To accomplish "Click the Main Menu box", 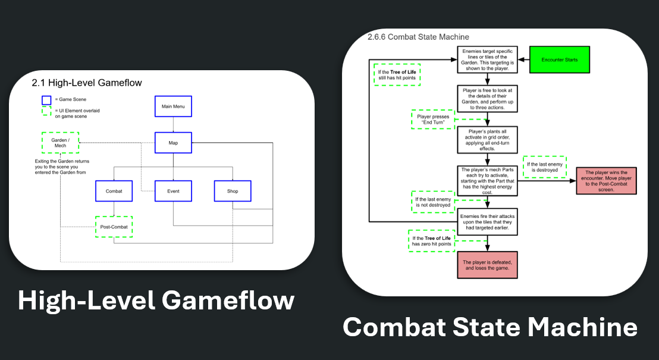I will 173,107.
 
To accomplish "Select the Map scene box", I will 173,143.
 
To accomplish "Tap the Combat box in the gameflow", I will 114,191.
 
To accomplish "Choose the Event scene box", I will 173,191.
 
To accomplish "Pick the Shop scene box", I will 233,191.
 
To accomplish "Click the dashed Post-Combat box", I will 114,227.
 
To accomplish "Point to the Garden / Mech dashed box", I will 60,142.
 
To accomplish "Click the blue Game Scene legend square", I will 46,100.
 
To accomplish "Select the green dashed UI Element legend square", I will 46,111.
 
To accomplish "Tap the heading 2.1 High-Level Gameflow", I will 86,82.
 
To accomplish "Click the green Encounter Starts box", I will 560,60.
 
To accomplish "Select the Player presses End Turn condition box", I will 433,120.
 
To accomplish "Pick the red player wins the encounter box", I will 607,180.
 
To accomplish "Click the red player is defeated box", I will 487,264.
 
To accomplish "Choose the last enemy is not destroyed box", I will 432,202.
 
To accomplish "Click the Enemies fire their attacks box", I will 487,221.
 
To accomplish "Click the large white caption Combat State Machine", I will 490,328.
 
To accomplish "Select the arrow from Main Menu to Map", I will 173,124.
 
